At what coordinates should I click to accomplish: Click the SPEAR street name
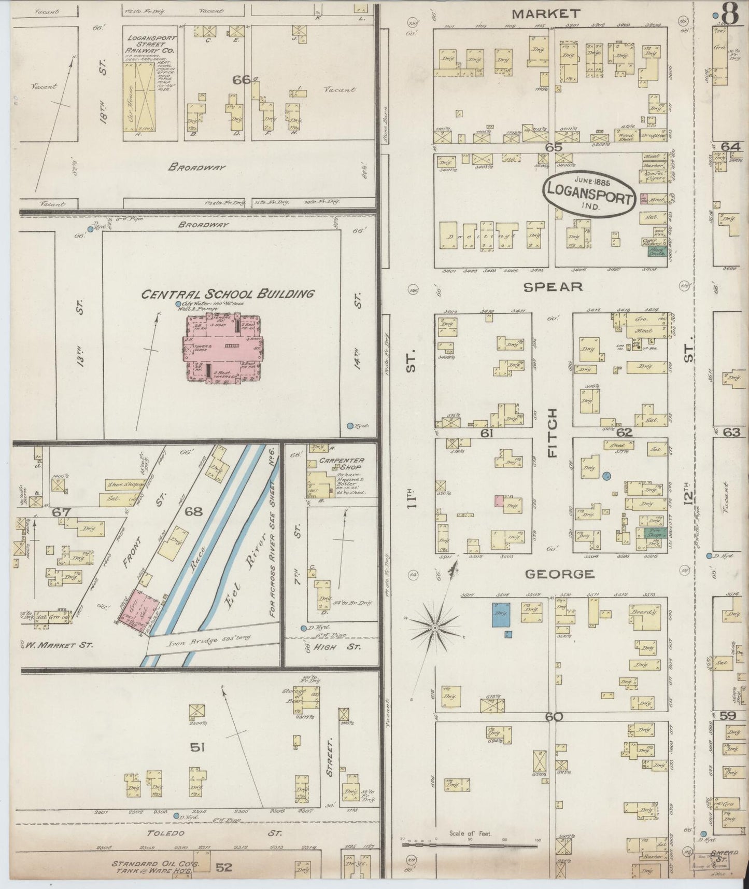(553, 287)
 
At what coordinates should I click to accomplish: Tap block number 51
(197, 748)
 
